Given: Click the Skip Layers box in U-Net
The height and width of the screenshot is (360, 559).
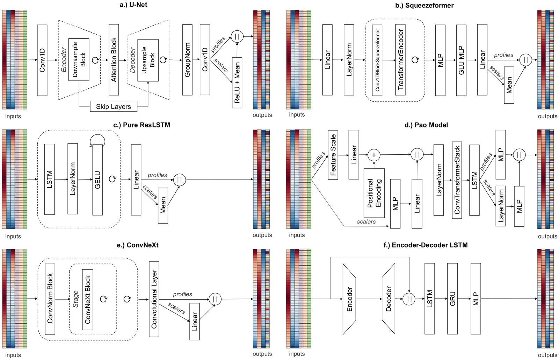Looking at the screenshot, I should point(113,106).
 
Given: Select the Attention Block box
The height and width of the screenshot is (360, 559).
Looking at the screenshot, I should point(114,60).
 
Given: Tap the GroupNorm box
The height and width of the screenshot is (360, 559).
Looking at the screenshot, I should point(187,60).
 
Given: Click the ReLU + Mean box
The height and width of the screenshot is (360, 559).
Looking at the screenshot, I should point(237,83).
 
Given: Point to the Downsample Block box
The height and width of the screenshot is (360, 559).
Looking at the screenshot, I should point(79,60).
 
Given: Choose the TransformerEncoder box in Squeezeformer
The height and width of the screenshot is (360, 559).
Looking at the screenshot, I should point(400,60).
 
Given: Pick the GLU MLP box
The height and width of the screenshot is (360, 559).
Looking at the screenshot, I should point(461,60).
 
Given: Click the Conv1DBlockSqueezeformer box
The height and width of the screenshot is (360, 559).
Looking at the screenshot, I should point(377,60).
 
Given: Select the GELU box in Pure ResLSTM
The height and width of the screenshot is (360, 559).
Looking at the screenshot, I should point(97,179).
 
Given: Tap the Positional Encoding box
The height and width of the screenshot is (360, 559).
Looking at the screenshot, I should point(374,193).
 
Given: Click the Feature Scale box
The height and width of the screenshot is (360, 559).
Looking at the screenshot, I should point(333,155).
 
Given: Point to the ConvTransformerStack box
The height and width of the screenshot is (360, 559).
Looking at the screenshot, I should point(457,180).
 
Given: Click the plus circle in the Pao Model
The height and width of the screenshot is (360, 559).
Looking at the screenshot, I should point(374,155).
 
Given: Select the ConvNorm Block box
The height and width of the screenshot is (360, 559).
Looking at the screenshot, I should point(50,299).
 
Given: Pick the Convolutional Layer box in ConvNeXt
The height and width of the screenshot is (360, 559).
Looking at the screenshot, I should point(154,299).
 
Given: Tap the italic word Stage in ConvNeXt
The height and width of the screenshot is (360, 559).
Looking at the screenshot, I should point(76,299).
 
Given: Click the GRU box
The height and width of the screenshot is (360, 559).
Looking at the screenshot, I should point(452,299).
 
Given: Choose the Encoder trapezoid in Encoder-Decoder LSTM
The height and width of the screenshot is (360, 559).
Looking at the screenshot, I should point(349,299).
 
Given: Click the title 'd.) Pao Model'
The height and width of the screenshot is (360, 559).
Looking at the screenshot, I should point(426,125).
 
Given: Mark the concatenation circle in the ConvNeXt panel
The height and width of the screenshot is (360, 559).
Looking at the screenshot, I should point(215,299).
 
